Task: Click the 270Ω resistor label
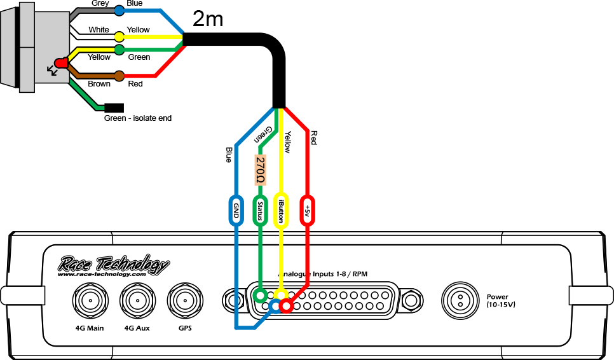click(260, 170)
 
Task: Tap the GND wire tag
click(235, 209)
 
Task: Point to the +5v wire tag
click(308, 209)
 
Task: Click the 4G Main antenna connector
click(88, 300)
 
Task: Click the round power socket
click(459, 300)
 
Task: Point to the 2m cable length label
click(208, 19)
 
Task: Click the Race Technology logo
click(114, 265)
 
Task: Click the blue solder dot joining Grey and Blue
click(119, 11)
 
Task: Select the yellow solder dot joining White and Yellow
click(119, 36)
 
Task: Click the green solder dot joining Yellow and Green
click(119, 50)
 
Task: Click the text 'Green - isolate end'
click(137, 118)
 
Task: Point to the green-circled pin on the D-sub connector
click(259, 295)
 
